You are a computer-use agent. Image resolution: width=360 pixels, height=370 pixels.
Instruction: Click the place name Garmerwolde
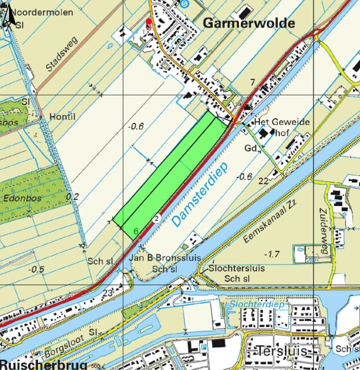(248, 23)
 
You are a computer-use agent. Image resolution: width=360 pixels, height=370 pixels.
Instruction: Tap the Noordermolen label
(42, 12)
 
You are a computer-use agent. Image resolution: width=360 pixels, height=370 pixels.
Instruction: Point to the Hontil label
(62, 116)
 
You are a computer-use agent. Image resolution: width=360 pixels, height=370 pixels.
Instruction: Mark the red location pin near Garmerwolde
(148, 22)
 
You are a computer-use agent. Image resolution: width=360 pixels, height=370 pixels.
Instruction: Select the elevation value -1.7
(272, 254)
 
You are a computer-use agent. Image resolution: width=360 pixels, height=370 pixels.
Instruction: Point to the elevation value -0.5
(36, 269)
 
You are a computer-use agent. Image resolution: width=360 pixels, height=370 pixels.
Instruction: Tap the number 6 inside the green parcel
(136, 231)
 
